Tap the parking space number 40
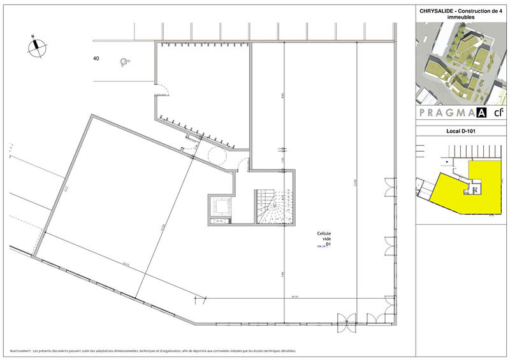tap(96, 59)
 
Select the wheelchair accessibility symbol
tap(124, 62)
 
